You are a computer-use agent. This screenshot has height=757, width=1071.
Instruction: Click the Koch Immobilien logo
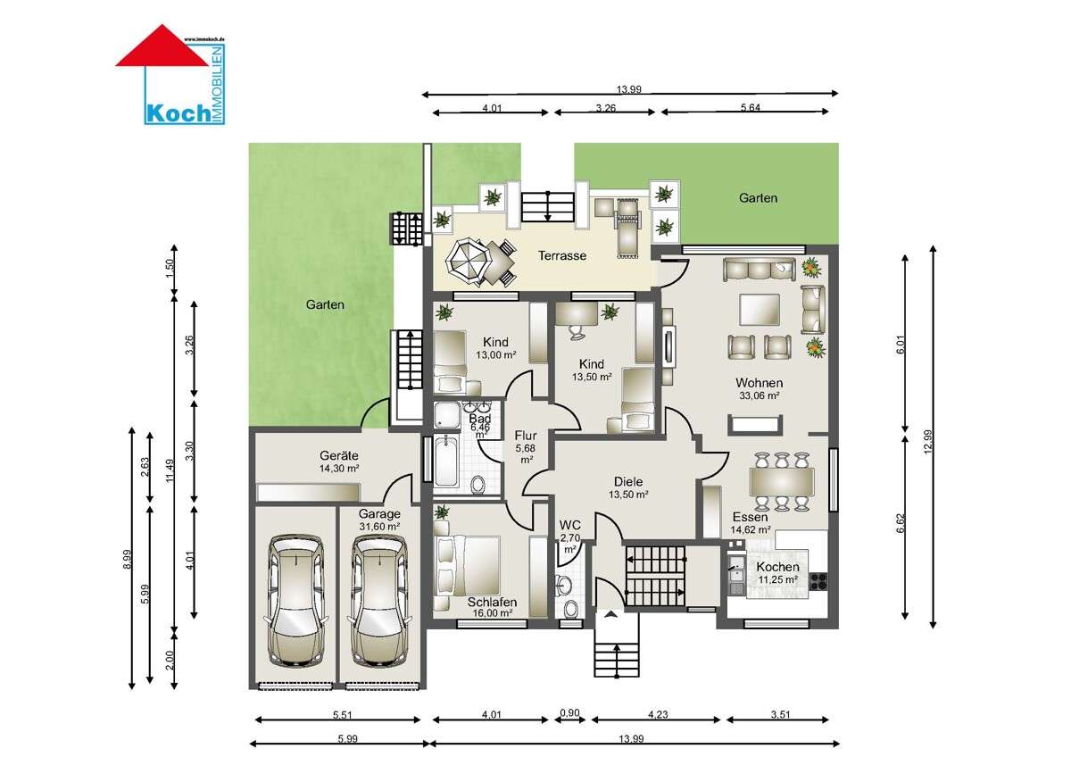pyautogui.click(x=171, y=75)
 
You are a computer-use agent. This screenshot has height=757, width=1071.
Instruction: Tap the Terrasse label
pyautogui.click(x=561, y=256)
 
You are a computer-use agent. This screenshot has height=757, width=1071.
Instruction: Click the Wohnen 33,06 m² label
pyautogui.click(x=759, y=388)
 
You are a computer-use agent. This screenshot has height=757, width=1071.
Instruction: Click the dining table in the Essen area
pyautogui.click(x=782, y=482)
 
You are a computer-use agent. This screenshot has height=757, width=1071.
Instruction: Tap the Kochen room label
pyautogui.click(x=778, y=573)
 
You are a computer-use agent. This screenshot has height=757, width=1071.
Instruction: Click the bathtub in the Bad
pyautogui.click(x=444, y=464)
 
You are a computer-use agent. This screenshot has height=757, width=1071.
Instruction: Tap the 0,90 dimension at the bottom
pyautogui.click(x=569, y=713)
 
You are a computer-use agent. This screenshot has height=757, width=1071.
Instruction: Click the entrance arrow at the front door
pyautogui.click(x=610, y=614)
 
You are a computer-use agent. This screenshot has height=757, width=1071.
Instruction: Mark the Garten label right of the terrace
pyautogui.click(x=758, y=198)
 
